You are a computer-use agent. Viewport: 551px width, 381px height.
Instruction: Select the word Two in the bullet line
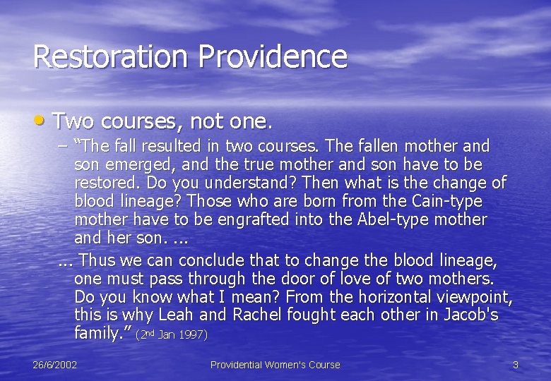[x=73, y=121]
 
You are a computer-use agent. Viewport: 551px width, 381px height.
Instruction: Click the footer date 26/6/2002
[x=55, y=365]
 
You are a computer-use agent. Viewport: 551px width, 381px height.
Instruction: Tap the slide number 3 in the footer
[x=516, y=365]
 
